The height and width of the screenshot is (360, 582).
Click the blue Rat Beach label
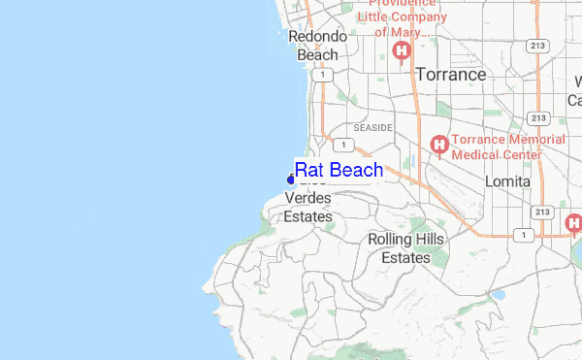(339, 171)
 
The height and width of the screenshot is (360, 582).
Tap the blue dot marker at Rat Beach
(291, 180)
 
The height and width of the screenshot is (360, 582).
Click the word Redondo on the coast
(318, 37)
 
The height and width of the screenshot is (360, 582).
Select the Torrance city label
(450, 75)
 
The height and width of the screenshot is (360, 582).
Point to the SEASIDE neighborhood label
(373, 127)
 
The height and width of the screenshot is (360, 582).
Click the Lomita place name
(508, 181)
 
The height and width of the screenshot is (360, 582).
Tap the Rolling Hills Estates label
(405, 248)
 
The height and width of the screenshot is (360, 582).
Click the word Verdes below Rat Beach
(307, 198)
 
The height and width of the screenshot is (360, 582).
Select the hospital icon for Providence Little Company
(399, 50)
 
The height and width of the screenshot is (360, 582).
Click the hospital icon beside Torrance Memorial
(438, 147)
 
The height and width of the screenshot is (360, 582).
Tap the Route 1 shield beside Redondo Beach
(331, 75)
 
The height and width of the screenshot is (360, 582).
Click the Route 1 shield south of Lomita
(524, 235)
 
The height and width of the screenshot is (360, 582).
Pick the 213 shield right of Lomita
(542, 212)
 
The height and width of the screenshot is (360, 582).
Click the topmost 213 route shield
(534, 46)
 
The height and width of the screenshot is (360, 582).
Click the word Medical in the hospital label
(478, 155)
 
